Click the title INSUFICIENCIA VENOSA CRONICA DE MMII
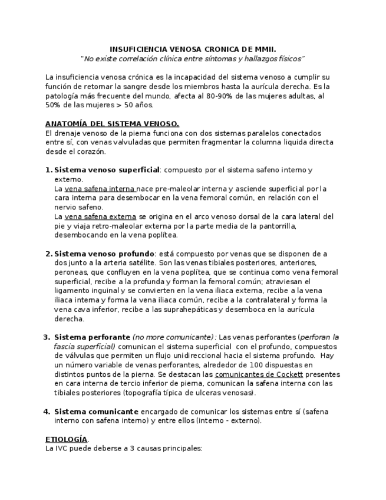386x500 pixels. [193, 50]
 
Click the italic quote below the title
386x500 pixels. [193, 59]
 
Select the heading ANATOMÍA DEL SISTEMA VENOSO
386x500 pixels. [112, 124]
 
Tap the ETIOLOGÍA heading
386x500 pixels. [67, 439]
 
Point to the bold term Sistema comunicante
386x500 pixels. [96, 412]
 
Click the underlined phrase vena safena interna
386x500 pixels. [100, 189]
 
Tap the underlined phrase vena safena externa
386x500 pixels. [100, 216]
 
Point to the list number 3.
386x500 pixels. [47, 337]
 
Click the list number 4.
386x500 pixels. [47, 412]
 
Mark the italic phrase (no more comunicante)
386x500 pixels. [174, 337]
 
